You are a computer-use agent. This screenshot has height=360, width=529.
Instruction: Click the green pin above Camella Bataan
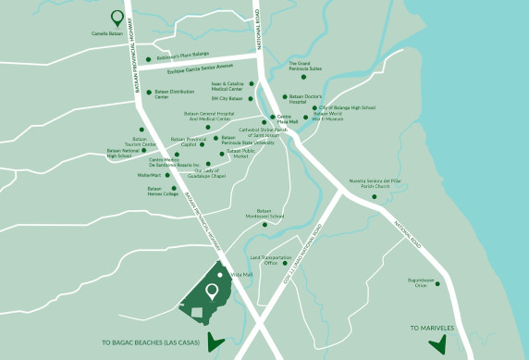[117, 17]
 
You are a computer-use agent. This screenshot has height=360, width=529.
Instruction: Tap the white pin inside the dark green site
[212, 292]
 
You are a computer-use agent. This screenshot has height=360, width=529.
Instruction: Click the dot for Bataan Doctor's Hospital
[285, 96]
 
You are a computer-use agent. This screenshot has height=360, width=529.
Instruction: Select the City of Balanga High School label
[348, 107]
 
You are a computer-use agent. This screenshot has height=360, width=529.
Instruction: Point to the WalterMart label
[150, 174]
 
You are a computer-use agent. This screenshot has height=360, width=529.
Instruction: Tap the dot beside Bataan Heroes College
[173, 188]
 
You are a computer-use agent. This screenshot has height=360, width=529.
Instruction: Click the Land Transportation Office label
[271, 260]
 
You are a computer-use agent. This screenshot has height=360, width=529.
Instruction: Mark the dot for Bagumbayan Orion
[437, 283]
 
